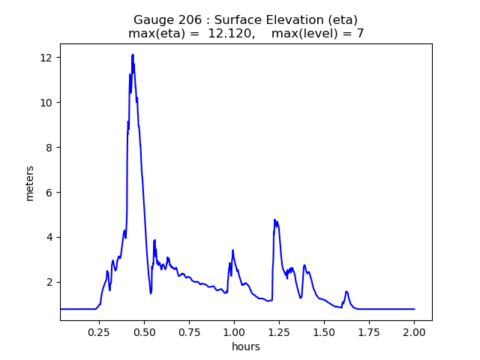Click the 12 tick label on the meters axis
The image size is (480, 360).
pyautogui.click(x=46, y=58)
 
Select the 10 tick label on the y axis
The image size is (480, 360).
pyautogui.click(x=46, y=103)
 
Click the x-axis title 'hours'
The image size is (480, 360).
pyautogui.click(x=246, y=346)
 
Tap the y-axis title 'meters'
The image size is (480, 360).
pyautogui.click(x=30, y=182)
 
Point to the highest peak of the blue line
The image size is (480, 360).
pyautogui.click(x=133, y=55)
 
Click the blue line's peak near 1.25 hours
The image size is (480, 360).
pyautogui.click(x=275, y=220)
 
